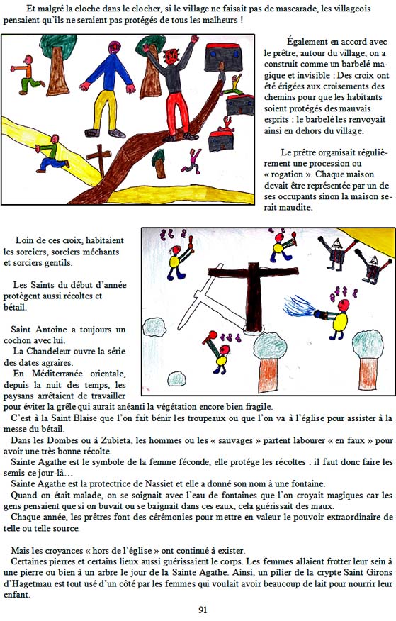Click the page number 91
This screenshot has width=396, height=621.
[x=202, y=610]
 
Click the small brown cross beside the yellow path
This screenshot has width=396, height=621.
[x=99, y=160]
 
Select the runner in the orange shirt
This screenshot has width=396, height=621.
[x=27, y=74]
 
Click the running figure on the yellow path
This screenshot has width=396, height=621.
[x=52, y=154]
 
